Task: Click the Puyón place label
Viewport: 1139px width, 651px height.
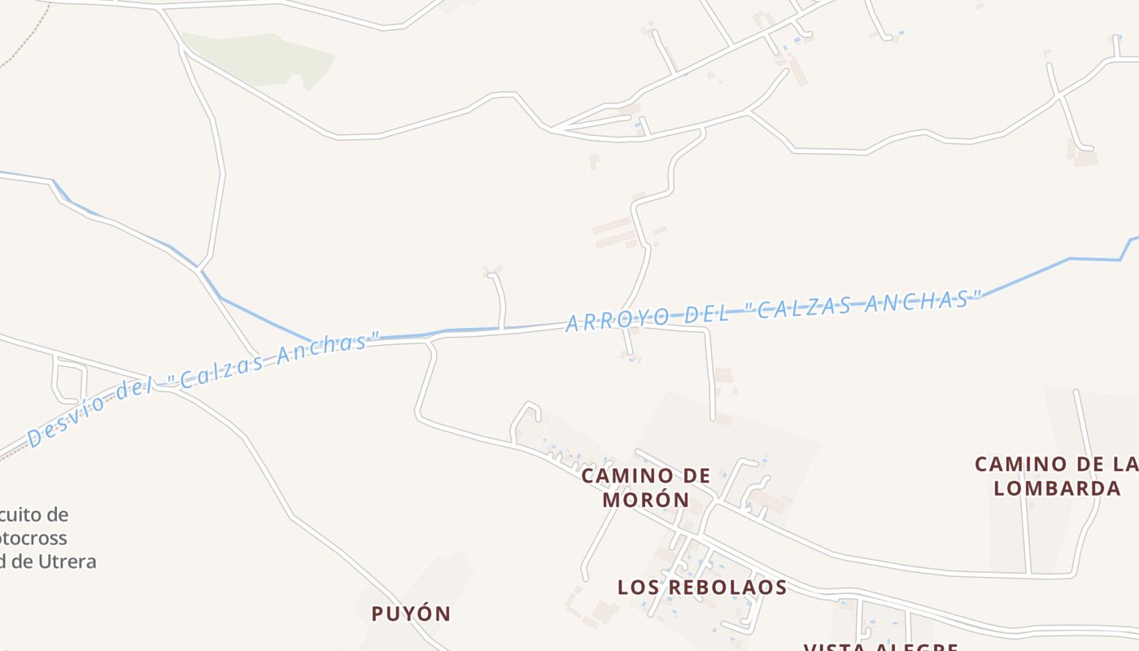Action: point(411,614)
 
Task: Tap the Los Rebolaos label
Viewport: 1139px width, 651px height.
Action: point(702,587)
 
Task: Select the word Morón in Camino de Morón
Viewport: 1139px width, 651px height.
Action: point(647,499)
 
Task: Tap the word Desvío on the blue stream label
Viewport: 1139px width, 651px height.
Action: point(69,421)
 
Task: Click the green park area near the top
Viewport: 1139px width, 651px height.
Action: point(260,57)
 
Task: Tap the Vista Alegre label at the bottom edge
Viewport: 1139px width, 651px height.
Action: point(880,647)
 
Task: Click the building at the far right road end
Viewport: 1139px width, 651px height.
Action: point(1086,159)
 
